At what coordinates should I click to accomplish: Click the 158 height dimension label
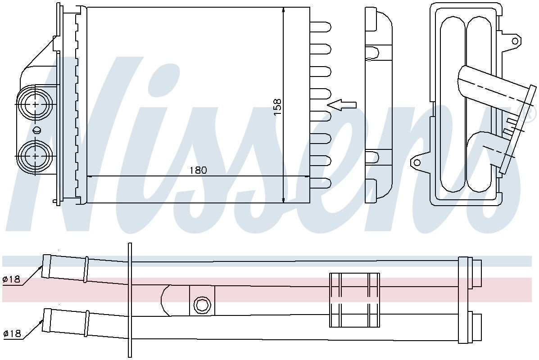click(x=277, y=108)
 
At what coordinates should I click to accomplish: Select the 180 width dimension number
click(x=198, y=170)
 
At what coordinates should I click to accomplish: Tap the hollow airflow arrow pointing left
click(x=342, y=105)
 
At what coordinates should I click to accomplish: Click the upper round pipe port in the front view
click(x=35, y=104)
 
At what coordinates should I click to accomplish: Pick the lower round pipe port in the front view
click(x=35, y=156)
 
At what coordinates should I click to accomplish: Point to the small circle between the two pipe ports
click(x=37, y=130)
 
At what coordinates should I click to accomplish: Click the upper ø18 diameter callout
click(x=12, y=279)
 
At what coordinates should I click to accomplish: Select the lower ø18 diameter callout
click(x=12, y=333)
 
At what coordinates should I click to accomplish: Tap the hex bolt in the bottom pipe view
click(x=202, y=305)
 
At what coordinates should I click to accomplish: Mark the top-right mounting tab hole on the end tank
click(x=515, y=40)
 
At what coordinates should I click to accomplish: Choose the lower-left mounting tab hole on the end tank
click(x=417, y=162)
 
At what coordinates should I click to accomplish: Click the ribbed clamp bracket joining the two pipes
click(x=354, y=300)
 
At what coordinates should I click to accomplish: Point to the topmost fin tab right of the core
click(x=321, y=27)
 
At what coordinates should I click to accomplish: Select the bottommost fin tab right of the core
click(x=321, y=183)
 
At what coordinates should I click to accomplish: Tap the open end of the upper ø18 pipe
click(x=45, y=266)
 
